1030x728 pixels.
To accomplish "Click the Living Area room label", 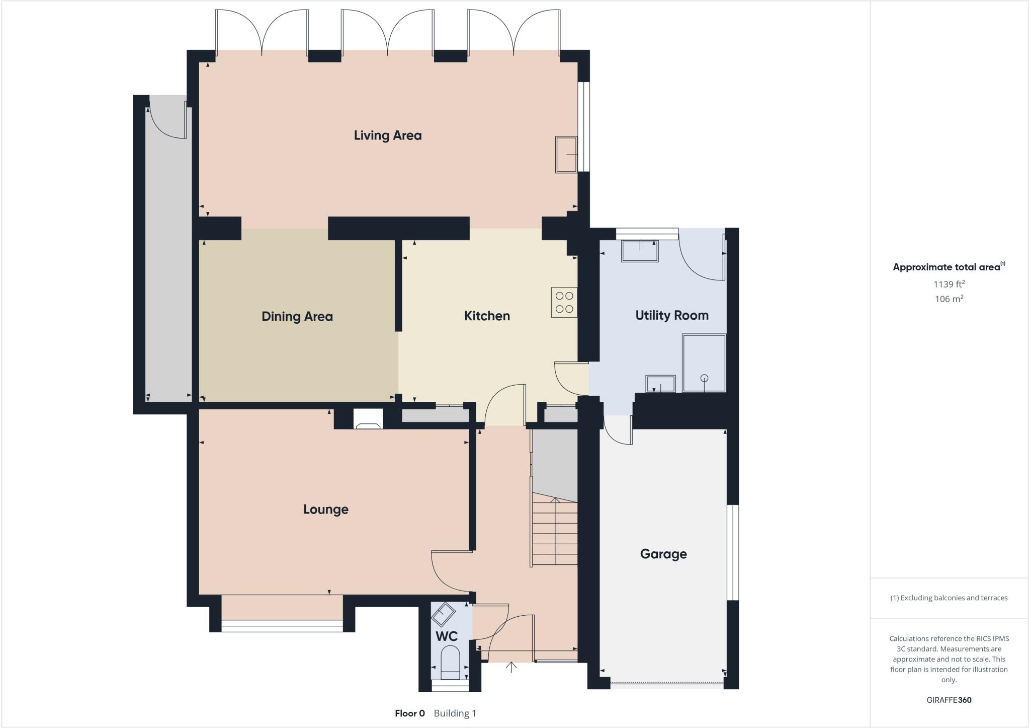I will pos(387,135).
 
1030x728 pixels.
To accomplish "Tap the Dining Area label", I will pos(297,317).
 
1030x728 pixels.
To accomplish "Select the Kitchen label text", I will pos(487,316).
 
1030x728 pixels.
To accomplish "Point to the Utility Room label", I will pos(671,316).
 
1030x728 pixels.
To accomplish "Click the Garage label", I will pos(663,554).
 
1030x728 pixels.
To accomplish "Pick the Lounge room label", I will pos(325,509).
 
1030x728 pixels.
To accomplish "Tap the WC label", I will pos(446,636).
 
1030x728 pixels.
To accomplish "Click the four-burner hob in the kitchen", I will pos(564,302).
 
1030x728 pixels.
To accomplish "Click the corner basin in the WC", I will pos(443,614).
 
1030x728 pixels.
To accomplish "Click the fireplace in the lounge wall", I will pos(368,419).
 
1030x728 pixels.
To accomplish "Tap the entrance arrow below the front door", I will pos(511,668).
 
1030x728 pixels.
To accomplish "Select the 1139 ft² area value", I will pos(949,284).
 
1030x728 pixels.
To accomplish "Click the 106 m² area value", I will pos(949,299).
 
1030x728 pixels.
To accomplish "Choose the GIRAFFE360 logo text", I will pos(949,700).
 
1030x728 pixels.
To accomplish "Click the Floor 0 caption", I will pos(410,713).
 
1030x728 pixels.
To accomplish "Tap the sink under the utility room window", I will pos(640,251).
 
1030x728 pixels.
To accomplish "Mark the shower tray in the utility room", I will pos(704,363).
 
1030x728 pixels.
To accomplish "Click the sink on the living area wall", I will pos(566,155).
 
